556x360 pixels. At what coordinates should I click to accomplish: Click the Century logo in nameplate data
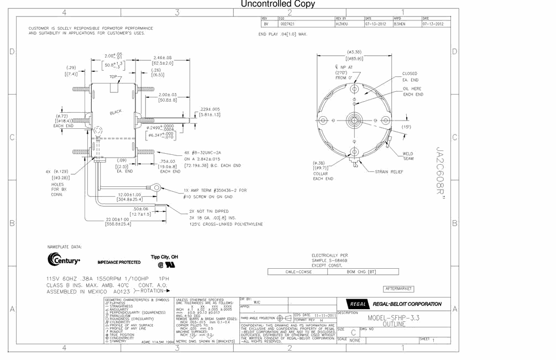(x=64, y=259)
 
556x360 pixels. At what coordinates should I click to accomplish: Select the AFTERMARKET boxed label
(x=398, y=289)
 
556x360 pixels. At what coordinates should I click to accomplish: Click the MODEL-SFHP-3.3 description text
(x=394, y=318)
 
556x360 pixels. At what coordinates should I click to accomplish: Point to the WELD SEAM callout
(x=408, y=156)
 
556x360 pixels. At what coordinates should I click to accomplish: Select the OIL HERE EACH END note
(x=413, y=91)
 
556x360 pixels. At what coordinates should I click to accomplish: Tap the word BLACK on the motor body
(x=116, y=112)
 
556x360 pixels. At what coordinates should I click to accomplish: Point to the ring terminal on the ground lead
(x=157, y=188)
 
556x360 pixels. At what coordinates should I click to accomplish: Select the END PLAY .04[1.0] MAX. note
(x=282, y=34)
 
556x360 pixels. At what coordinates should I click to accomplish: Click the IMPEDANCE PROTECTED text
(x=119, y=262)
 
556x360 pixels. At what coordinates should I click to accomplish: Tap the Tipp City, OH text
(x=164, y=257)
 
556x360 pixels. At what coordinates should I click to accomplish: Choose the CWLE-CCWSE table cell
(x=299, y=272)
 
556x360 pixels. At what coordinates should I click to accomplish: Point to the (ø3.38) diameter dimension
(x=354, y=51)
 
